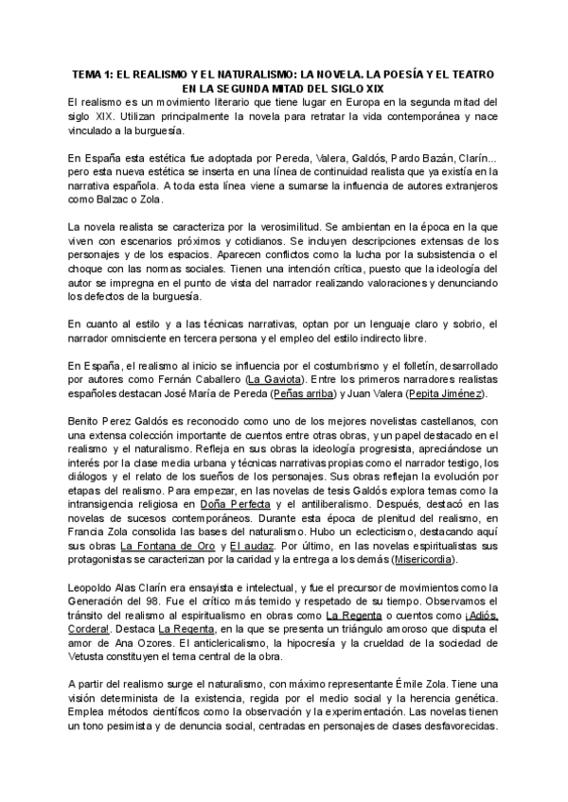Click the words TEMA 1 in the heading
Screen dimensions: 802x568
point(93,74)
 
